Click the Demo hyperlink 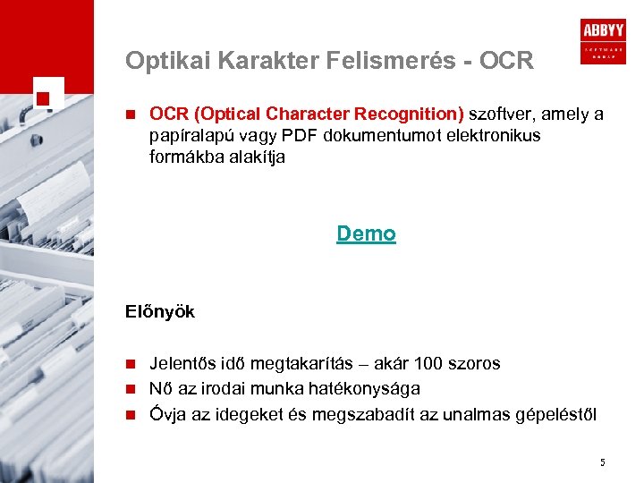[366, 234]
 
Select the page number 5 [603, 462]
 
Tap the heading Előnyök [160, 312]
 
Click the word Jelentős [182, 364]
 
